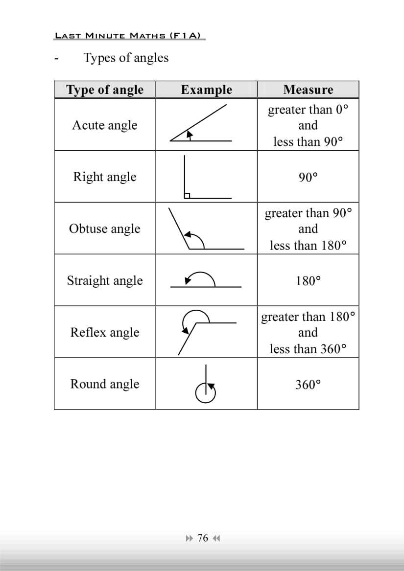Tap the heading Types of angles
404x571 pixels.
126,58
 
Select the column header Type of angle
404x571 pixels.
105,90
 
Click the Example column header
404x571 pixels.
206,90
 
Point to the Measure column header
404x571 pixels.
308,90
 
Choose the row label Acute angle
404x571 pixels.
105,125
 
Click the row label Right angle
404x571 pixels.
105,177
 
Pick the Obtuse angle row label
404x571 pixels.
105,228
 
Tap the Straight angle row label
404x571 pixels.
105,280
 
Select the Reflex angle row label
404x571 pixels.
105,332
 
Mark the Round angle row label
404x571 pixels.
105,384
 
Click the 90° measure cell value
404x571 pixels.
308,177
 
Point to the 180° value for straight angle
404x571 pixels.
308,281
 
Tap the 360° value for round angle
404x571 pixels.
308,385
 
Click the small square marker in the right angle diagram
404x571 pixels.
187,196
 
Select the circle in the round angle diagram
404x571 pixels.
205,392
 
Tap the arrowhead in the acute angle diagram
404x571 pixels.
189,133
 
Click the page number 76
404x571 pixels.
203,538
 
